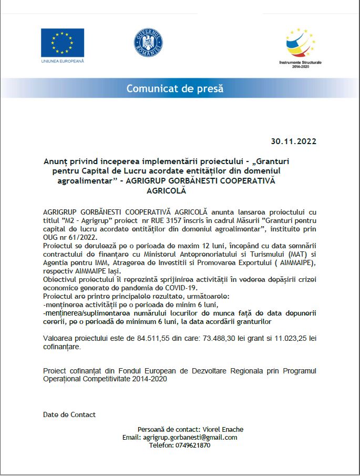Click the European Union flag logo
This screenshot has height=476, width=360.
(63, 43)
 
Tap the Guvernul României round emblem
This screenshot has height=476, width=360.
(148, 44)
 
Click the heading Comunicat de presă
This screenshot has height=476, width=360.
(175, 88)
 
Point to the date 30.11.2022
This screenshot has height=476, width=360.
(294, 141)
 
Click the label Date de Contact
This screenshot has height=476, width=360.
(69, 414)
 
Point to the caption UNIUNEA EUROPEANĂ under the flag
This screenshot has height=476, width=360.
(62, 62)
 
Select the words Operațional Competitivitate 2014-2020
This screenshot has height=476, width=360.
(105, 379)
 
